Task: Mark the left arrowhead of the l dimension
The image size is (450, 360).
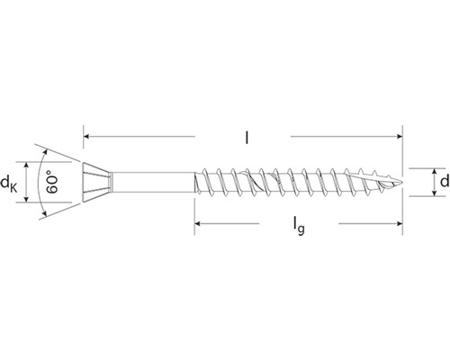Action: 87,137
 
